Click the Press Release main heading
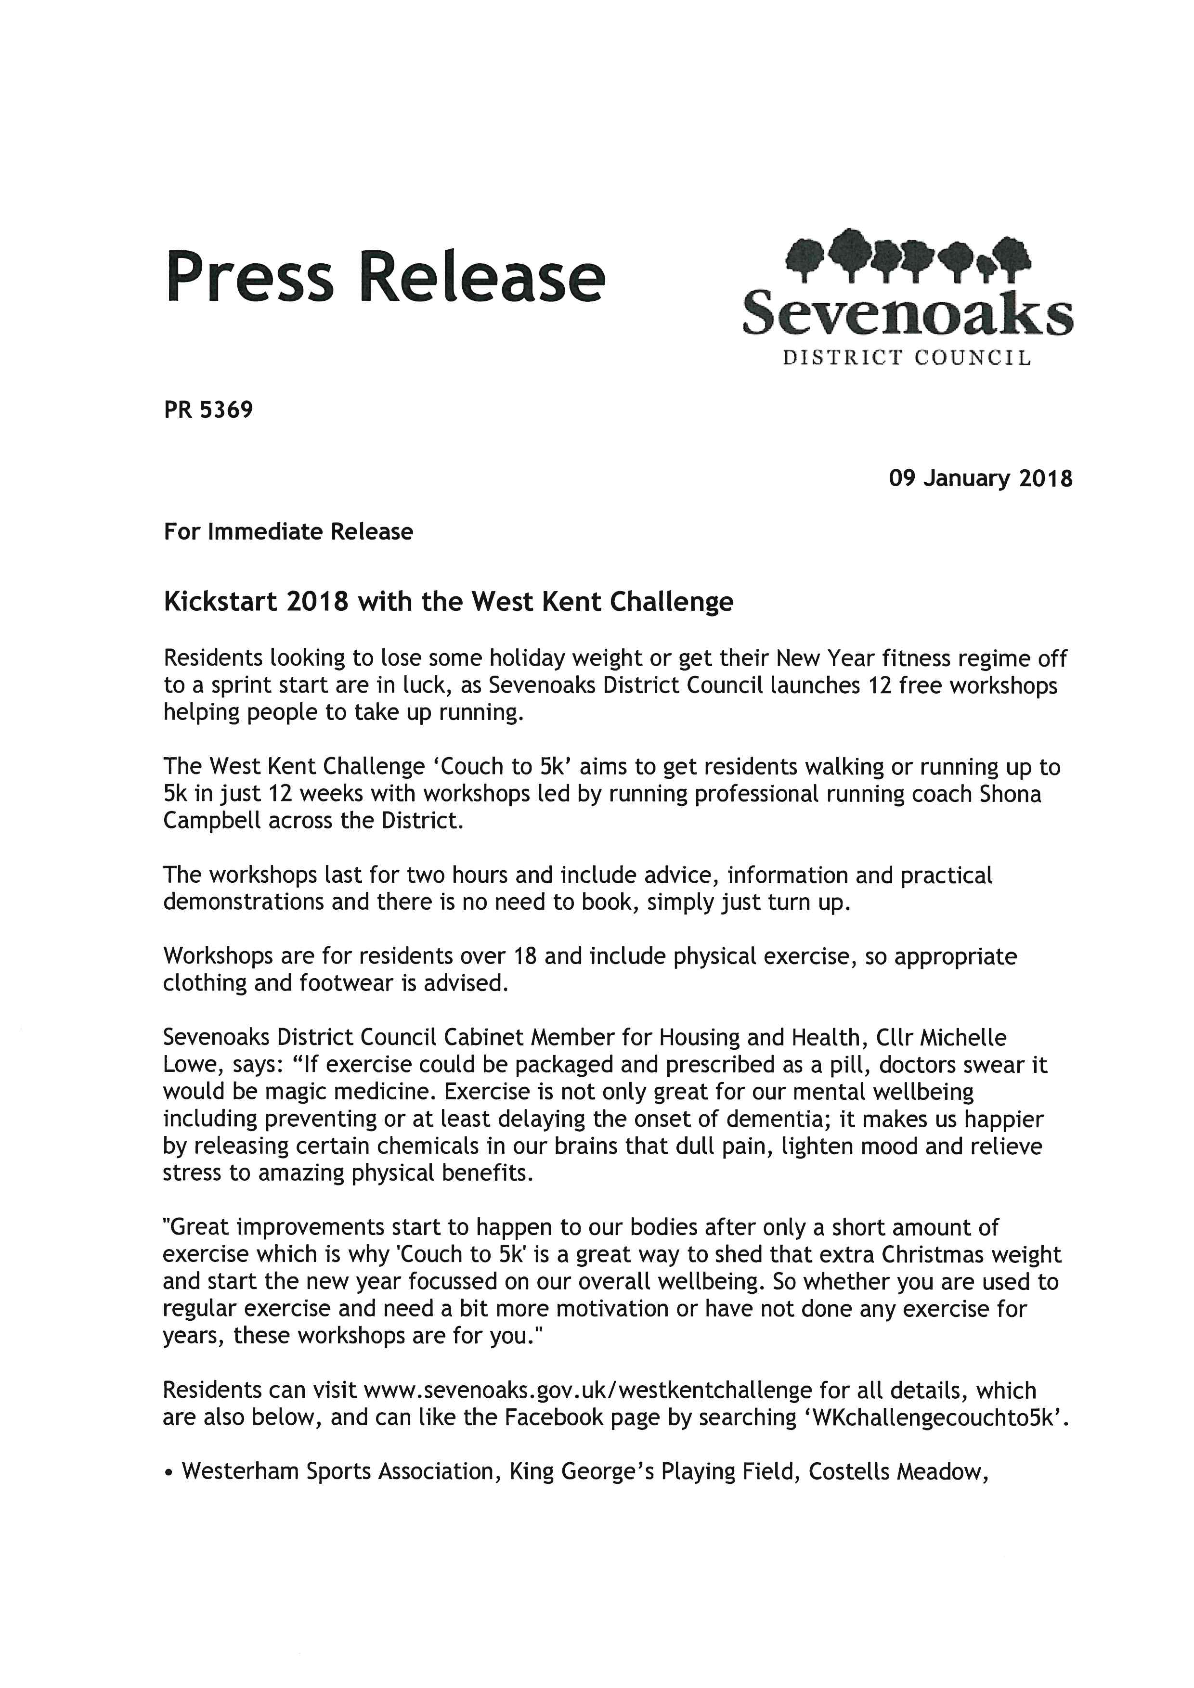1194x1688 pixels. (385, 278)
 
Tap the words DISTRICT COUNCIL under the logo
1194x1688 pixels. (907, 358)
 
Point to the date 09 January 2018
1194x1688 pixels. (980, 478)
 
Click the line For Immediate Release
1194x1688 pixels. (288, 531)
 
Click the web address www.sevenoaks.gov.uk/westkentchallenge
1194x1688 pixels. (587, 1391)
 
